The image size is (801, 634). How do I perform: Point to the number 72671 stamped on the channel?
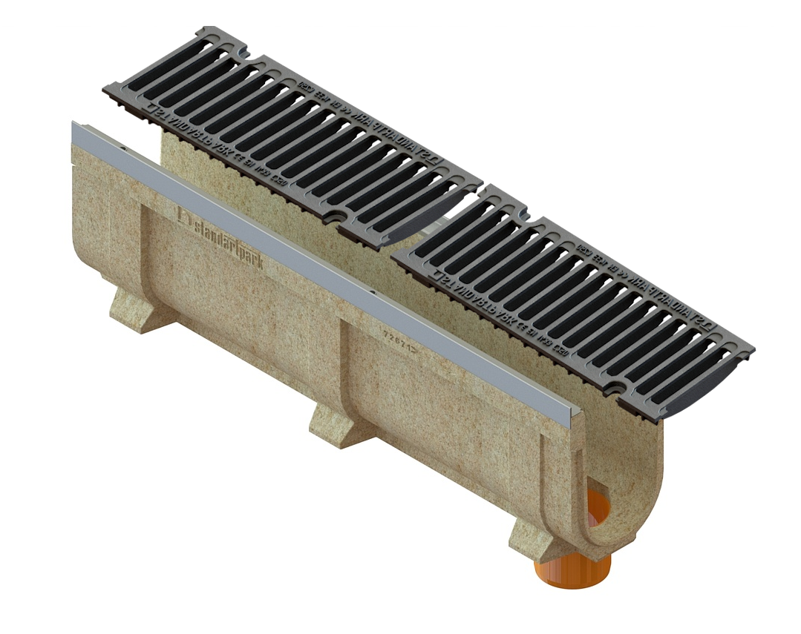click(x=396, y=340)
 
